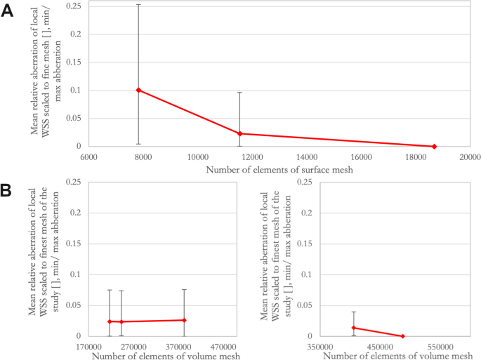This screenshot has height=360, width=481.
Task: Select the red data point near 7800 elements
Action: click(x=138, y=90)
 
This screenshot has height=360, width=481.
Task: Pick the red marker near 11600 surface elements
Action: click(x=240, y=133)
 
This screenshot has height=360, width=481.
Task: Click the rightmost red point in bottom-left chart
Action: click(x=184, y=320)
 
